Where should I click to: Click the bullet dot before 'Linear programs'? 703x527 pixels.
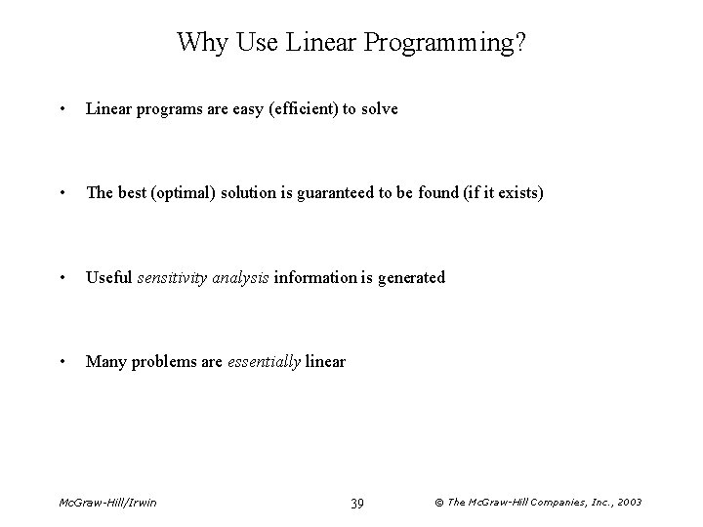62,109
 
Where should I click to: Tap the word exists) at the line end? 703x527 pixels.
517,193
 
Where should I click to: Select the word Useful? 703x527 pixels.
108,277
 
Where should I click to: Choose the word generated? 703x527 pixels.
410,277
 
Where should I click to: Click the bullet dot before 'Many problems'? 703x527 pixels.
62,361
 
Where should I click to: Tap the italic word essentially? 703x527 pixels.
264,361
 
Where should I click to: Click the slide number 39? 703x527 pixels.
357,503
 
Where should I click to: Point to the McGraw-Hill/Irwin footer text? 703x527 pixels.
106,503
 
